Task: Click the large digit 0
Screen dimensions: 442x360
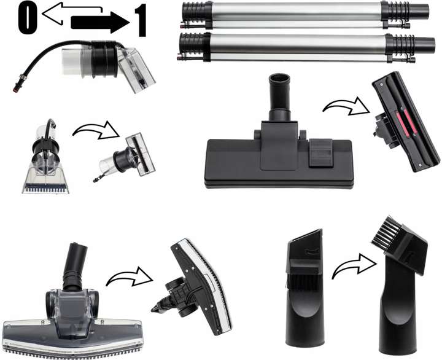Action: [28, 20]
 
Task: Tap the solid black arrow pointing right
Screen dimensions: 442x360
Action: [100, 23]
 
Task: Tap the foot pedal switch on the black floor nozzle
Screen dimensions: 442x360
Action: [321, 152]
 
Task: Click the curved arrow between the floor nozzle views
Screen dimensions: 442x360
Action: [346, 107]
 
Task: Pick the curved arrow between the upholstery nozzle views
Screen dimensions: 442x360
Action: [96, 130]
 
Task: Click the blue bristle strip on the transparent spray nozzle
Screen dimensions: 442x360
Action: [45, 186]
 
